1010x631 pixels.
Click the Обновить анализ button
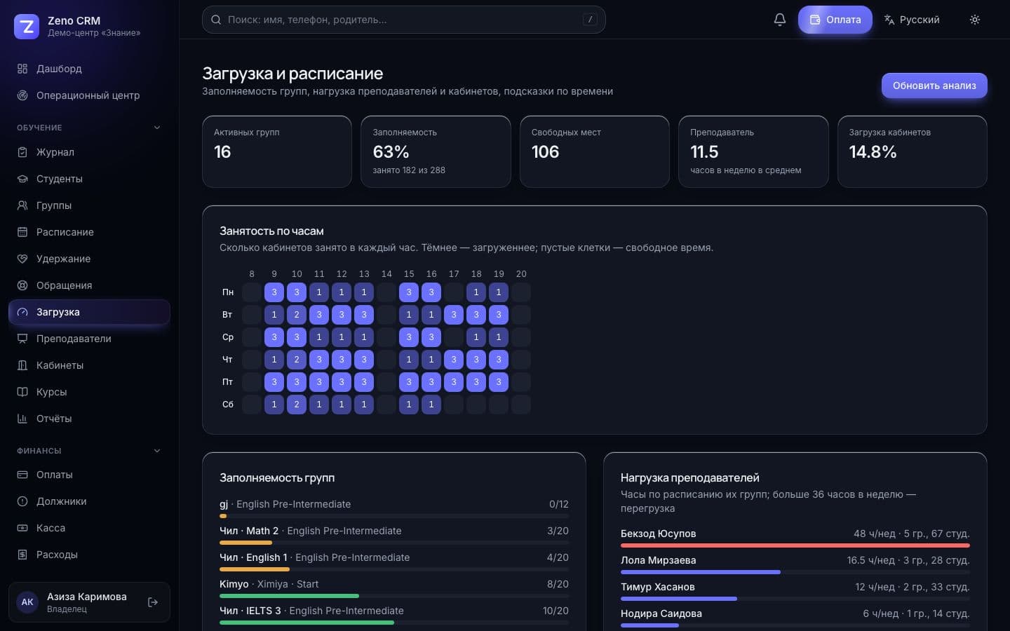click(934, 86)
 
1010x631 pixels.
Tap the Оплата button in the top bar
click(835, 20)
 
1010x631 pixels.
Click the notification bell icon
click(780, 20)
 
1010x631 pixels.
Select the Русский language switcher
click(912, 20)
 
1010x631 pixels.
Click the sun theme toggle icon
click(975, 20)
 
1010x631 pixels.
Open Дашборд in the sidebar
click(59, 69)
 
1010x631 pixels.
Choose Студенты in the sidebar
click(60, 179)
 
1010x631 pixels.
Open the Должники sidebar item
click(61, 501)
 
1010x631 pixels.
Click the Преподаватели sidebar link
click(74, 339)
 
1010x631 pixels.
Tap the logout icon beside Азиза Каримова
click(153, 602)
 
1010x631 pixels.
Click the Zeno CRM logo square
click(27, 27)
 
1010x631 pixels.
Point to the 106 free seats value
click(545, 152)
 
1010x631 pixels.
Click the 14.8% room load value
click(873, 152)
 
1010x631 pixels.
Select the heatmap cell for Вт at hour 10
click(297, 315)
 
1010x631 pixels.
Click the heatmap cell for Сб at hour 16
click(431, 405)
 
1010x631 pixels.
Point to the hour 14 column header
click(386, 274)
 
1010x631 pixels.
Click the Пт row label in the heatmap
click(228, 381)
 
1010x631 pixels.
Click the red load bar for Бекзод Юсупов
click(795, 545)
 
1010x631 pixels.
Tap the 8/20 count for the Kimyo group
click(558, 584)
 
